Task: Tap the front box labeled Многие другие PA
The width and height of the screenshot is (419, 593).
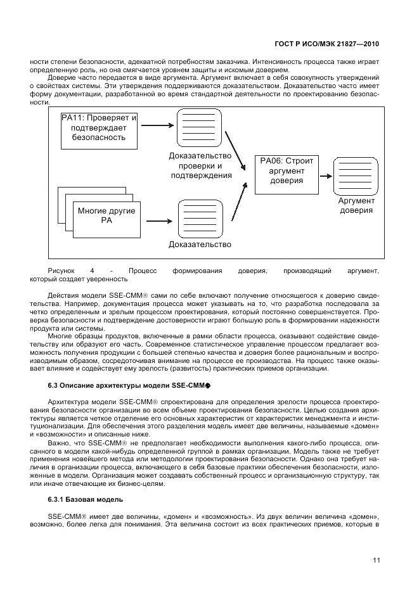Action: [106, 215]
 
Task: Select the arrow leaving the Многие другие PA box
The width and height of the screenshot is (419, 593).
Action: [158, 220]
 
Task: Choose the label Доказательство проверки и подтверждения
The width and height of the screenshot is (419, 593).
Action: [200, 165]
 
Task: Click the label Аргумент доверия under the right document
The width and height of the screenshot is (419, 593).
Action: [356, 205]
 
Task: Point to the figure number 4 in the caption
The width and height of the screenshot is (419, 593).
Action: [91, 271]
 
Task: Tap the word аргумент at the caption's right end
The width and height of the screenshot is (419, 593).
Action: [363, 271]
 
